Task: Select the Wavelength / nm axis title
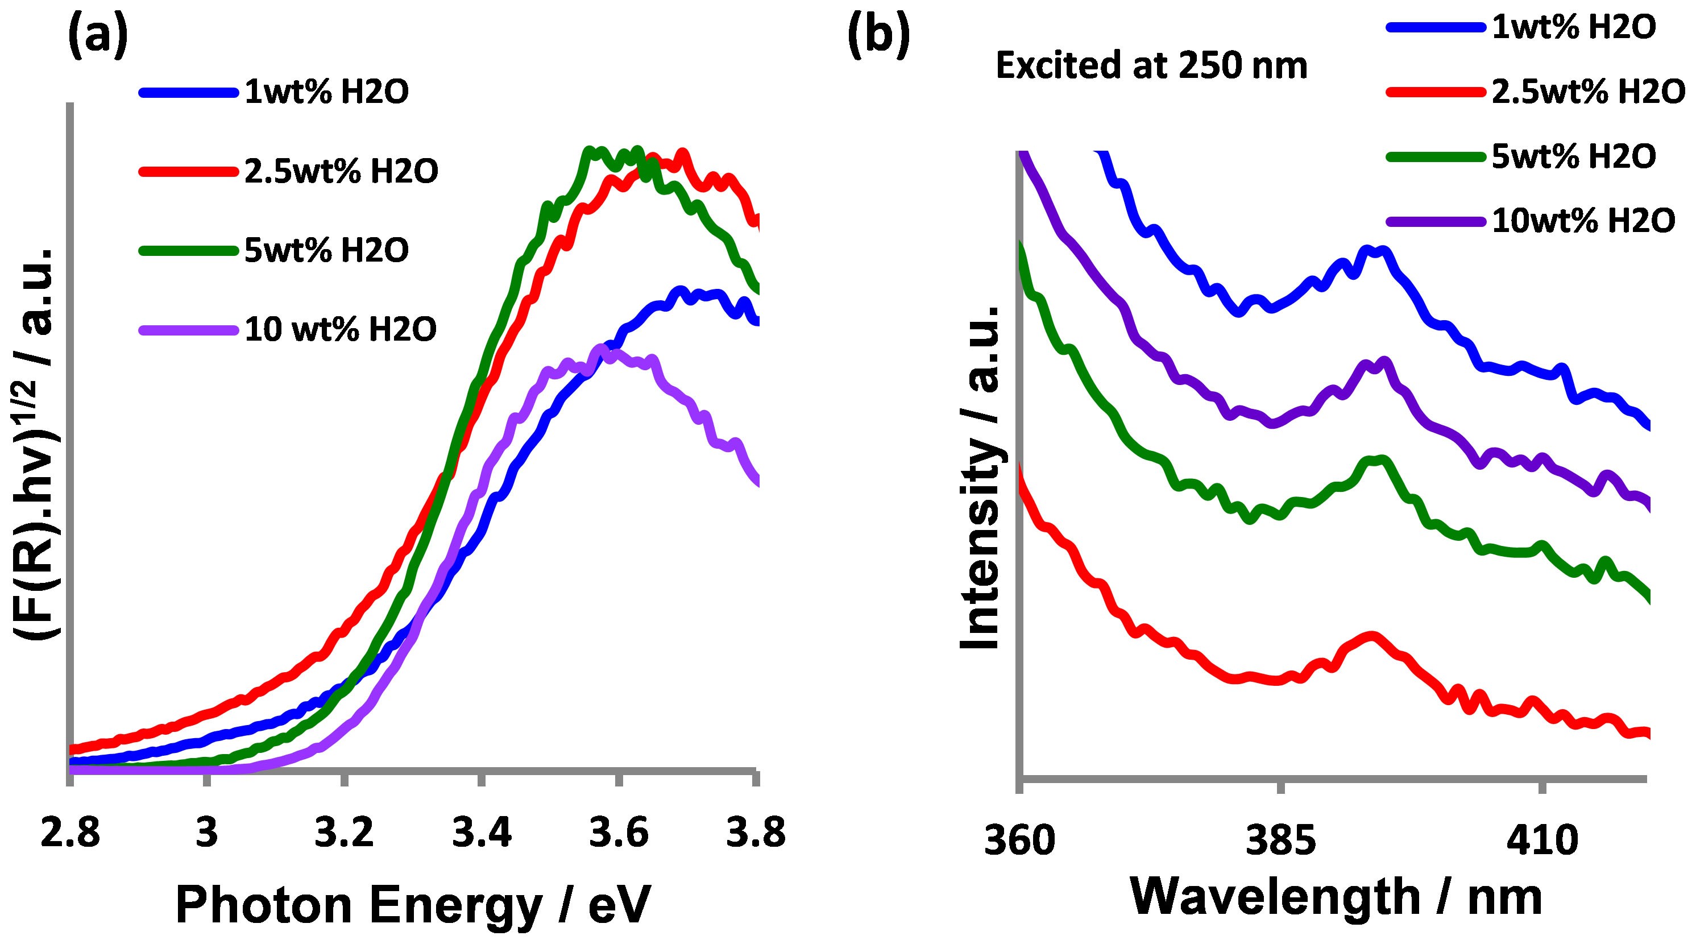click(1337, 897)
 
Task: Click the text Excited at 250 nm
click(1151, 67)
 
